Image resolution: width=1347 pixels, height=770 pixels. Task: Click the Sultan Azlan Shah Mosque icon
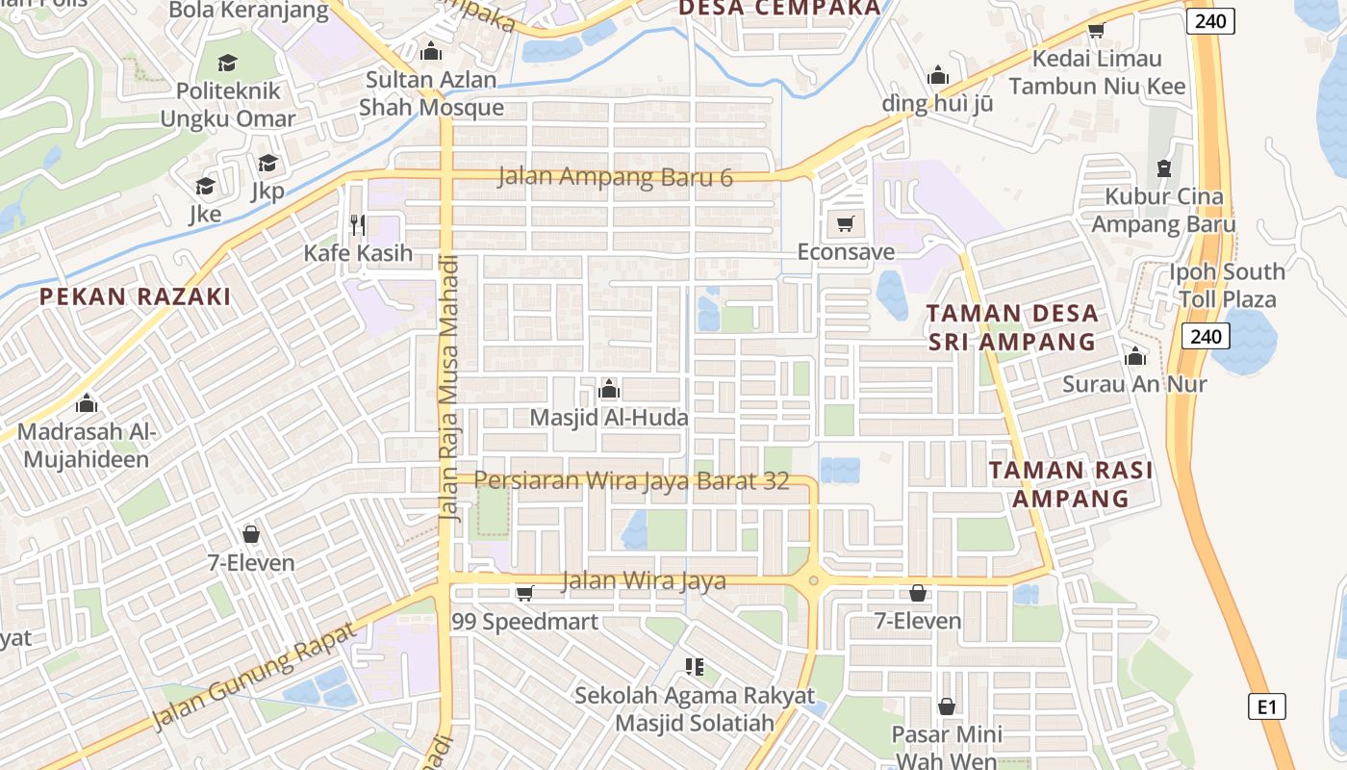(x=430, y=51)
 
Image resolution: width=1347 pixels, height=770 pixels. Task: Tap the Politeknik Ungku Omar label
(x=228, y=105)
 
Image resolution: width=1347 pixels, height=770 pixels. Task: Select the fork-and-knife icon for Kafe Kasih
(x=358, y=225)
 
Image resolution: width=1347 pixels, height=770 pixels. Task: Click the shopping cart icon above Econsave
(x=845, y=224)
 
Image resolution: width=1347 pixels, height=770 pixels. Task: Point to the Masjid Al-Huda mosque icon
(x=609, y=390)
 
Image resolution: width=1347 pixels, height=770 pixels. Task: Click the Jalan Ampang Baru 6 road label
(x=616, y=178)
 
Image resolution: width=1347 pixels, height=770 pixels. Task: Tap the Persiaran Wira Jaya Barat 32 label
(x=631, y=480)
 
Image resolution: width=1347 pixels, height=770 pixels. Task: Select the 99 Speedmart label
(x=525, y=622)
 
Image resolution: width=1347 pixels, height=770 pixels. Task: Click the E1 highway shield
(x=1267, y=706)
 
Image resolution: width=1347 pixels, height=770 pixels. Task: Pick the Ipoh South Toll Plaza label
(x=1227, y=285)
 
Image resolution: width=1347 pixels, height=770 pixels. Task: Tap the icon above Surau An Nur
(x=1135, y=357)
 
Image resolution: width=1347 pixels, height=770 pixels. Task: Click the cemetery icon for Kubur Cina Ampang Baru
(x=1164, y=168)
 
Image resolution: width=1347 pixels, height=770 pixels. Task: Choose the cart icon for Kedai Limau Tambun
(x=1096, y=30)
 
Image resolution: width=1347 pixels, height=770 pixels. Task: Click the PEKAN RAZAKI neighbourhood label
(x=136, y=296)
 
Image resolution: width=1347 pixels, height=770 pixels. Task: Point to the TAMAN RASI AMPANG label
(x=1071, y=484)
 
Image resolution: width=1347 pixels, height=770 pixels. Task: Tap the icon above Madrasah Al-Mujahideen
(x=87, y=403)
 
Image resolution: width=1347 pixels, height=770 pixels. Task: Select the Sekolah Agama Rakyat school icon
(x=694, y=666)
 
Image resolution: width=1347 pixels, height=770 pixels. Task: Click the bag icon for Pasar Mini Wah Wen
(x=947, y=707)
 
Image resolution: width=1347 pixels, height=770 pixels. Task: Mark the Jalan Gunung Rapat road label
(x=255, y=676)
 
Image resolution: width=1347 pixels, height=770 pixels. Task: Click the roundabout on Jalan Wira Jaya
(x=814, y=580)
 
